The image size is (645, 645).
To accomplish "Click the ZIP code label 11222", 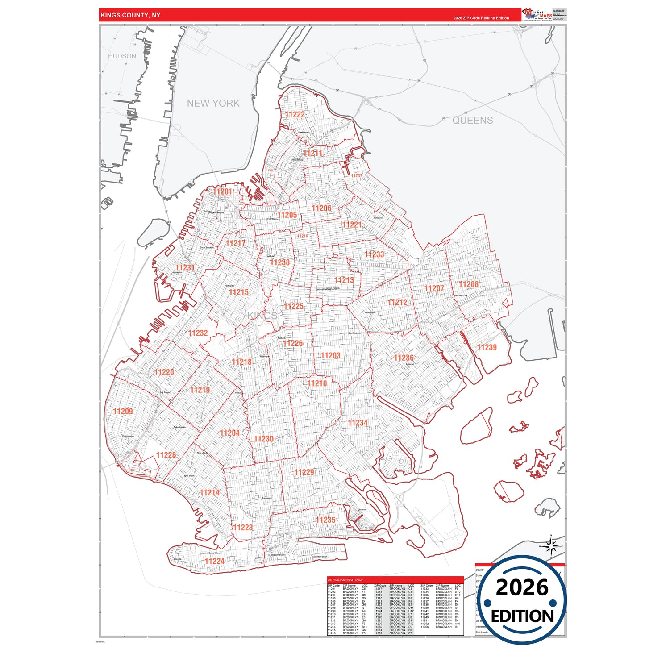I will coord(295,115).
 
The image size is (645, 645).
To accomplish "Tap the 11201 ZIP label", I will coord(222,191).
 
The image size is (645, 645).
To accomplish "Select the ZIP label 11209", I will coord(123,411).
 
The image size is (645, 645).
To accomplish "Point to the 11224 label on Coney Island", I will coord(215,561).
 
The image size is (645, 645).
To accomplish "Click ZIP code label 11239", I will coord(487,347).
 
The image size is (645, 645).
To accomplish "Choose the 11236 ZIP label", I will coord(404,358).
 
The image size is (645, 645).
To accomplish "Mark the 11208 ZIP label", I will coord(469,284).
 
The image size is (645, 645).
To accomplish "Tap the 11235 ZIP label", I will coord(325,520).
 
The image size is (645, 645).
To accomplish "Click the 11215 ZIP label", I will coord(239,292).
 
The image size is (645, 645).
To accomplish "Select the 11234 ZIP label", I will coord(358,423).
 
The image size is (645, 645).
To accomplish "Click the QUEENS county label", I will coord(473,121).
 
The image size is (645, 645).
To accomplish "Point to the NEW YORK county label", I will coord(213,103).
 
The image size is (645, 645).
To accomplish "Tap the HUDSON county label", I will coord(122,56).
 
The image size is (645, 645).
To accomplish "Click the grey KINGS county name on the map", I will coord(262,316).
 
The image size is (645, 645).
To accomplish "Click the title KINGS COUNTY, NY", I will coord(130,15).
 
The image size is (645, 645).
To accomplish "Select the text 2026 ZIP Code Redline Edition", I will coord(481,18).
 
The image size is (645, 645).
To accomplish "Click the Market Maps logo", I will coord(537,14).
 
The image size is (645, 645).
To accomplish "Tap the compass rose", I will coord(551,546).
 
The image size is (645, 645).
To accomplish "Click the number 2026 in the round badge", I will coord(522,587).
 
